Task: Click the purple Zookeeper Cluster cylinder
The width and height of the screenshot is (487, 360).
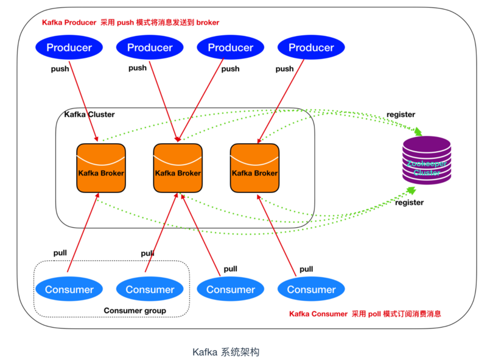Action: tap(427, 161)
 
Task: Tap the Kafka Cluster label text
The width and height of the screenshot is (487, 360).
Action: tap(89, 115)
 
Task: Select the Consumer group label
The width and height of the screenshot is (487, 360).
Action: tap(135, 311)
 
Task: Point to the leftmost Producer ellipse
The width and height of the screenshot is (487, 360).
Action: tap(69, 48)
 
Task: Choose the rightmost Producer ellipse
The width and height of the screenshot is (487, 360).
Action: tap(311, 48)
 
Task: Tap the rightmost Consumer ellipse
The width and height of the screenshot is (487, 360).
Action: tap(311, 289)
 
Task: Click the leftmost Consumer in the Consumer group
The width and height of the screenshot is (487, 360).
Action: tap(69, 289)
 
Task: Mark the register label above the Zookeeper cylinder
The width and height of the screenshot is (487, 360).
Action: tap(401, 115)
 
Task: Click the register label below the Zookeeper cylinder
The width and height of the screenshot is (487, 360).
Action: tap(409, 203)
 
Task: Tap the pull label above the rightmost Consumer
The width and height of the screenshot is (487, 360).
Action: tap(306, 269)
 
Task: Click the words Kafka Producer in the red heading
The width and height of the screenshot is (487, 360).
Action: tap(69, 23)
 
